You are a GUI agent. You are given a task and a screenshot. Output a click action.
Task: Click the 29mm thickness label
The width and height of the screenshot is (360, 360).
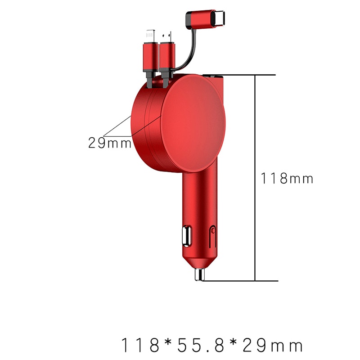point(110,143)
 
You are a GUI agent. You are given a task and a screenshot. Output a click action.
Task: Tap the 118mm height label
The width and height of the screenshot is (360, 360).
point(287,178)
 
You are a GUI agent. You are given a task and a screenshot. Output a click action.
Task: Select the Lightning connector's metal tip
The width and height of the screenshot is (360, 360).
point(150,36)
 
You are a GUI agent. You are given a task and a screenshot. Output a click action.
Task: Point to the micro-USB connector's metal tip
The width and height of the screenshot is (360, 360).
point(166,37)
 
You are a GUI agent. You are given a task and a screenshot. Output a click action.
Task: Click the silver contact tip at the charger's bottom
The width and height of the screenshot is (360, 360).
point(199,274)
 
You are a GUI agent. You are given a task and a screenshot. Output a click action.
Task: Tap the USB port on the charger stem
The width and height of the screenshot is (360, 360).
point(187,236)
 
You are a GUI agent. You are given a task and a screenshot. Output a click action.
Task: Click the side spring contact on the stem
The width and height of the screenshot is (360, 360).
point(213,237)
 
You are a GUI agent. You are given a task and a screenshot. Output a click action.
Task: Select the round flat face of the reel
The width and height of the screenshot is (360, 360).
point(193,123)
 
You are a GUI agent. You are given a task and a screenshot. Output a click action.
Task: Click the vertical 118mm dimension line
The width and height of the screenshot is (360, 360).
point(255,178)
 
